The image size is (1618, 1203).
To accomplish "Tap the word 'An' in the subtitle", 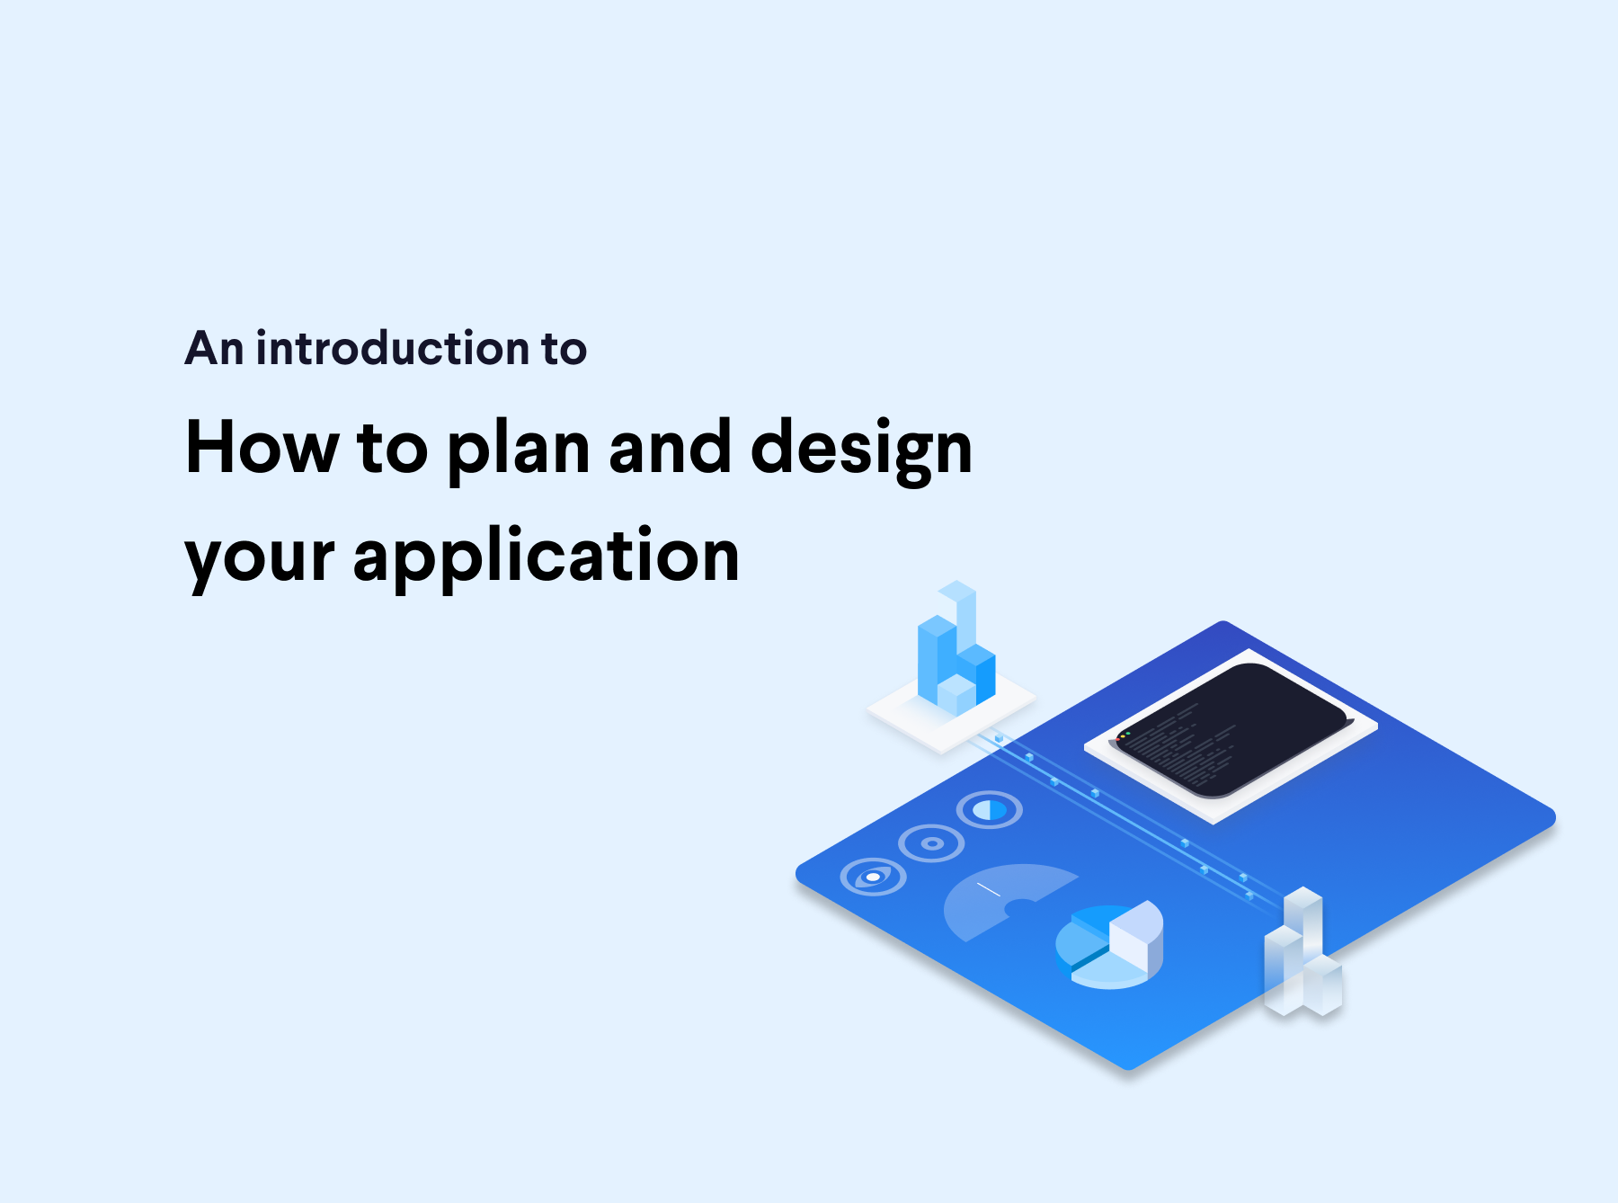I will point(214,349).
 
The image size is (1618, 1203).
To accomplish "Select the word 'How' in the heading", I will point(262,447).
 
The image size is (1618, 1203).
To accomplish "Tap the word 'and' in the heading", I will point(670,447).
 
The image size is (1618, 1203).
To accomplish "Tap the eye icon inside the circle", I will point(873,878).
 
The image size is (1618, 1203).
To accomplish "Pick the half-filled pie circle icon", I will point(990,810).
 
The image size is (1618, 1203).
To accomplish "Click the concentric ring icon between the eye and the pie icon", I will point(932,843).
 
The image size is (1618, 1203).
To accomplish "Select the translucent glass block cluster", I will point(1302,958).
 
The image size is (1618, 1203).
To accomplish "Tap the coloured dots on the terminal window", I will point(1124,735).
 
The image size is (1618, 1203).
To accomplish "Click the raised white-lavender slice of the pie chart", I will point(1134,931).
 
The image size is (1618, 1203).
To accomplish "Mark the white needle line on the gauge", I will point(988,890).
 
